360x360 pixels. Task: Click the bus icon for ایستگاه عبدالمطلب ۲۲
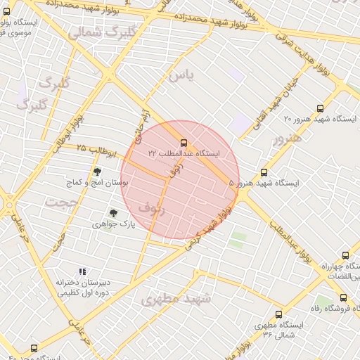[x=184, y=143]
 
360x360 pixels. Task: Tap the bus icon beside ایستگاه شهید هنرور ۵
[x=264, y=172]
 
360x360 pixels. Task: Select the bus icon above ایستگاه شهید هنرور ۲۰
[x=321, y=109]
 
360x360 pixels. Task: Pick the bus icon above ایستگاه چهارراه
[x=345, y=256]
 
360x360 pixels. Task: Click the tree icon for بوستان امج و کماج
[x=97, y=171]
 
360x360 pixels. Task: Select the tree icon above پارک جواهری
[x=112, y=213]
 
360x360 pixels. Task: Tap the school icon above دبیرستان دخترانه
[x=82, y=271]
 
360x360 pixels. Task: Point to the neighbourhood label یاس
[x=180, y=75]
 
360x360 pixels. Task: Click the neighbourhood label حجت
[x=60, y=202]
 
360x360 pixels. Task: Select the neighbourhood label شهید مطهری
[x=176, y=299]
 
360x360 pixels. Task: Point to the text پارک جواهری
[x=112, y=224]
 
